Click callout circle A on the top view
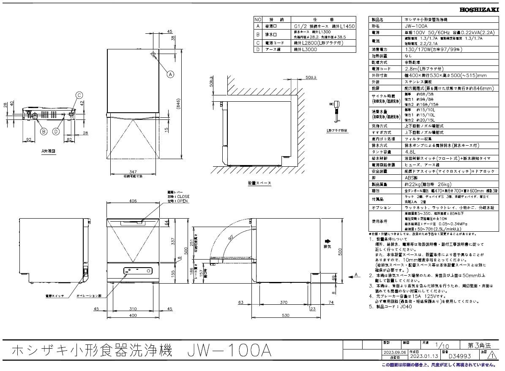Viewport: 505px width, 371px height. coord(170,74)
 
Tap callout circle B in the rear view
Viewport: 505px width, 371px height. coord(43,131)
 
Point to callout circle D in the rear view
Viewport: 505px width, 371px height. coord(55,131)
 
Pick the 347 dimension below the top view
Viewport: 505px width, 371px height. coord(134,172)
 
